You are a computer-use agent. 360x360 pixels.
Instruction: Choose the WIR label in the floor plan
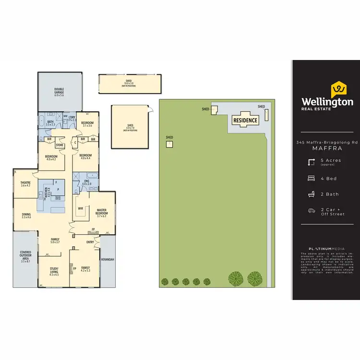click(80, 209)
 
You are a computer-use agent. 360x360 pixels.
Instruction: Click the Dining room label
click(26, 216)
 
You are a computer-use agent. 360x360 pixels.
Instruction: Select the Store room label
click(60, 145)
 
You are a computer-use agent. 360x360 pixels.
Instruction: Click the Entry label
click(90, 242)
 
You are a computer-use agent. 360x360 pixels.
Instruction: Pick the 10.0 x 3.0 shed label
click(129, 83)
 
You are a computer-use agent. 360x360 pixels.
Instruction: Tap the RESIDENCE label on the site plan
click(245, 120)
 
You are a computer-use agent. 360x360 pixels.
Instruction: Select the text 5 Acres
click(331, 160)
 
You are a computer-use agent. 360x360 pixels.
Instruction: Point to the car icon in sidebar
click(312, 211)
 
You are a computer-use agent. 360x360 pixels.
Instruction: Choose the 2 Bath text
click(329, 194)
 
